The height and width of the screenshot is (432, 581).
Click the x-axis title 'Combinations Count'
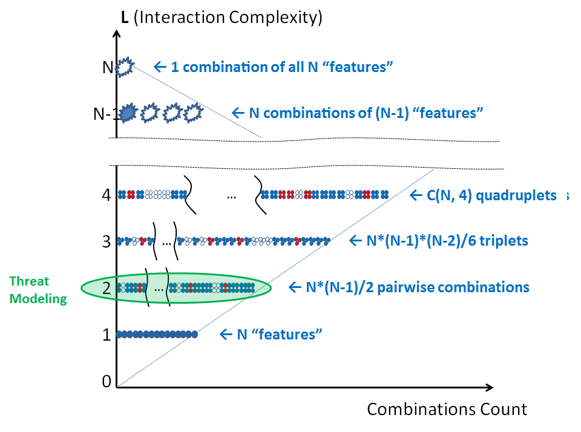coord(447,410)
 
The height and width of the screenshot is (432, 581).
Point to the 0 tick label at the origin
coord(107,381)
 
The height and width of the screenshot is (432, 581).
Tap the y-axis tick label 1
coord(107,335)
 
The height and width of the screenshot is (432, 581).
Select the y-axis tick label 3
coord(107,241)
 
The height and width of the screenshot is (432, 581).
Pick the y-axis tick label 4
coord(107,195)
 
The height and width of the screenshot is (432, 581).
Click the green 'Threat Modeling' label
coord(38,290)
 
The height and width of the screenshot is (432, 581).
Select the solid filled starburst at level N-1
coord(128,113)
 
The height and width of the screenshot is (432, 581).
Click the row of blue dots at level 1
coord(157,334)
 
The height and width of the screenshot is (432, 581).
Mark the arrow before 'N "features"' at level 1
coord(225,334)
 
